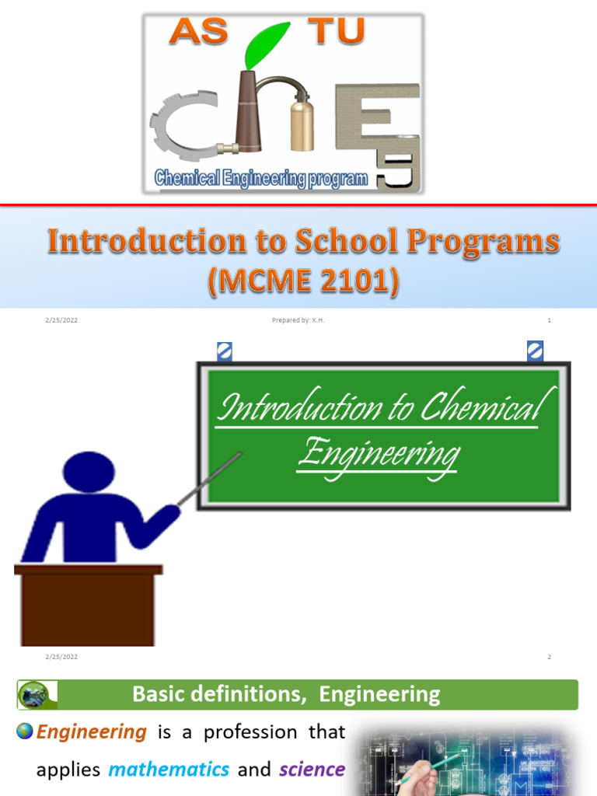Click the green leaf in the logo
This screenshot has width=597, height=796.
point(258,47)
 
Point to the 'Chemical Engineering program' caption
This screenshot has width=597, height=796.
point(261,178)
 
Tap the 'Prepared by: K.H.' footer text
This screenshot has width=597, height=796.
point(298,320)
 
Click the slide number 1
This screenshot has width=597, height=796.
point(549,320)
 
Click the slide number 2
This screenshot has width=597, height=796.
point(549,657)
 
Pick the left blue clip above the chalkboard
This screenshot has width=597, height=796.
point(225,351)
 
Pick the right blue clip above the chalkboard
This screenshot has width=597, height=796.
point(535,351)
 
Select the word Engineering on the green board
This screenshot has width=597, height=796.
point(378,453)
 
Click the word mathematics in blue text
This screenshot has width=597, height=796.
point(169,770)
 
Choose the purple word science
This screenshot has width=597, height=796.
point(312,770)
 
